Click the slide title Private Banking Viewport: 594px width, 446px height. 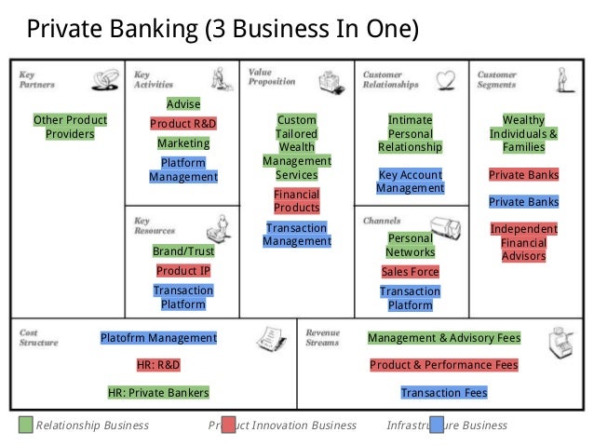(x=223, y=30)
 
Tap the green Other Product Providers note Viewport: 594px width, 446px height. (x=70, y=128)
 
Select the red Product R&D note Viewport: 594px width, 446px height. (x=182, y=124)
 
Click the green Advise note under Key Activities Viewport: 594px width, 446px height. (x=182, y=103)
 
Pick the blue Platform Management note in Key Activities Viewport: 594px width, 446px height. (x=182, y=169)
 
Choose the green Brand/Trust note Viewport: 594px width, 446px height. (x=182, y=251)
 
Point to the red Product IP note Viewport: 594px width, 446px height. (x=182, y=271)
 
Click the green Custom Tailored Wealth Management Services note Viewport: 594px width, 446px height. (x=297, y=147)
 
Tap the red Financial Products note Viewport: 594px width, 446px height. (x=297, y=201)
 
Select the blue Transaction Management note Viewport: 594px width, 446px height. (x=297, y=235)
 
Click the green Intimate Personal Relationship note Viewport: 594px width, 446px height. (x=411, y=134)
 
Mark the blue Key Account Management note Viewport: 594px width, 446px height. (x=411, y=181)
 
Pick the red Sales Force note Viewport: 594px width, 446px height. (x=410, y=272)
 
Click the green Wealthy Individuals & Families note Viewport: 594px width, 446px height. (x=523, y=134)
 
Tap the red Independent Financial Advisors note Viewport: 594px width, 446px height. (x=523, y=242)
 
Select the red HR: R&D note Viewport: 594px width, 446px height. (x=158, y=365)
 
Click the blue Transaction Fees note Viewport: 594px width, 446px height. (x=443, y=393)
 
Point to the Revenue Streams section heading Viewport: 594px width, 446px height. (x=322, y=337)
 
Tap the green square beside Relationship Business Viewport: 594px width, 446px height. (x=25, y=426)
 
